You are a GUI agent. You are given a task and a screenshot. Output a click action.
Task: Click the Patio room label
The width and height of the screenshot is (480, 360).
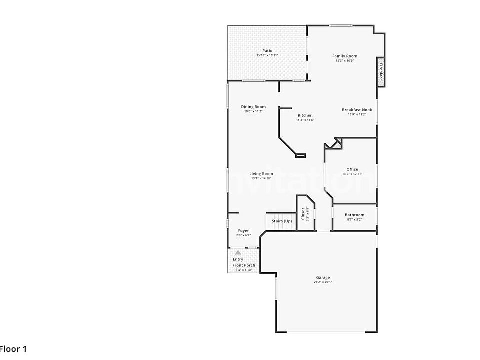click(x=267, y=51)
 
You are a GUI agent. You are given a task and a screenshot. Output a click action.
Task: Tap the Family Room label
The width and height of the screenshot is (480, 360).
click(x=345, y=56)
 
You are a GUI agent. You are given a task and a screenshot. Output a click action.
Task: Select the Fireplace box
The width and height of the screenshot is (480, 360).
click(x=381, y=72)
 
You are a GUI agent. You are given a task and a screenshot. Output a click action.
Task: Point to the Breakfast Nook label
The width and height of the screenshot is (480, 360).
click(x=357, y=110)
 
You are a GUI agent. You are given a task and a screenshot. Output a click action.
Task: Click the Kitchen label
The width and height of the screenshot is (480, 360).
click(x=305, y=115)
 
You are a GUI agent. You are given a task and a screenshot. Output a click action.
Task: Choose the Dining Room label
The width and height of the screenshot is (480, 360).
click(x=253, y=107)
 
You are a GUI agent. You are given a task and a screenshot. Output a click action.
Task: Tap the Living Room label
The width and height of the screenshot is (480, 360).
click(x=261, y=174)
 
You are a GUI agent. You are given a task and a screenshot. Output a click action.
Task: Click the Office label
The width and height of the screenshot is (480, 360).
click(x=352, y=169)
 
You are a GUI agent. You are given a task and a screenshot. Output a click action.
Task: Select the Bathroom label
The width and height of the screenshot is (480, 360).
click(x=354, y=215)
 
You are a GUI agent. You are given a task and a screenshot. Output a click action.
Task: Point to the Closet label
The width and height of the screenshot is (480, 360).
click(x=303, y=213)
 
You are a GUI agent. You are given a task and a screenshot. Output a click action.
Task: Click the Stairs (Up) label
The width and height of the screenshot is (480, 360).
click(x=281, y=221)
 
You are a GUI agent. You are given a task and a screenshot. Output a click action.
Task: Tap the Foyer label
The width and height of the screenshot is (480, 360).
click(x=243, y=231)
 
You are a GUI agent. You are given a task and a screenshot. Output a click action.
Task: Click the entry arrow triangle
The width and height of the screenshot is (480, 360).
click(x=238, y=253)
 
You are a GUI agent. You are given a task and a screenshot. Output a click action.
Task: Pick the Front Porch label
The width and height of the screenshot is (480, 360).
click(x=244, y=265)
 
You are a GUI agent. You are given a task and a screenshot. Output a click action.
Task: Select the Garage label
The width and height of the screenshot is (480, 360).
click(x=323, y=277)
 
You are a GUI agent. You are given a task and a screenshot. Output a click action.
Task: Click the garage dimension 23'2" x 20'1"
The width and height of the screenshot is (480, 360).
click(x=323, y=282)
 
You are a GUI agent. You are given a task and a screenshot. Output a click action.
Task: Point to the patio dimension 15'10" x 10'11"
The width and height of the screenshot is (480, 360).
click(x=267, y=55)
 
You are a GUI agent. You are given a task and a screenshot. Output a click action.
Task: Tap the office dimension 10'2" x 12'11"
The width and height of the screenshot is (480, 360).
click(x=352, y=174)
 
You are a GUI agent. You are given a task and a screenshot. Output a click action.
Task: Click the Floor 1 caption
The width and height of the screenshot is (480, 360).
click(x=13, y=349)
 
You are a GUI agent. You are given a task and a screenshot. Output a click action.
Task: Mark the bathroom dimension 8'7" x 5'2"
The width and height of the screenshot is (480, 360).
click(x=354, y=219)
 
